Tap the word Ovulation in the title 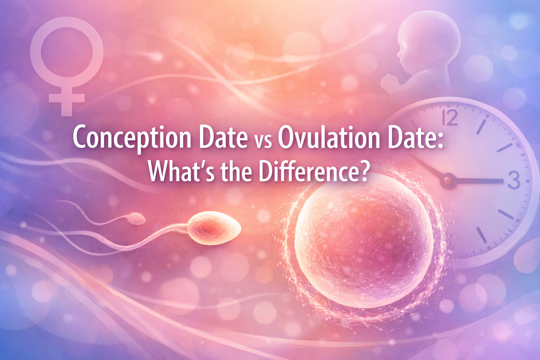[329, 138]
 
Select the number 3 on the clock [514, 180]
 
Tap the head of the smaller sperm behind [136, 219]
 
